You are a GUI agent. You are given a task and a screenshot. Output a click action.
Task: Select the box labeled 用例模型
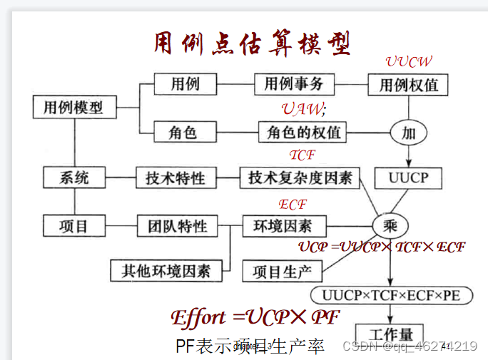(x=73, y=108)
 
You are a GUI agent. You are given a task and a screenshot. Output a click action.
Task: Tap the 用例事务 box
(x=294, y=84)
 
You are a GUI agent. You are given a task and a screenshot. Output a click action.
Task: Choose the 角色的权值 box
(x=303, y=132)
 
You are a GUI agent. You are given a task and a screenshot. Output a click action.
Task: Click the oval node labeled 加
(x=408, y=133)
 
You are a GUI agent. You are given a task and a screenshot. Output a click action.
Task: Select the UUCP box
(x=408, y=178)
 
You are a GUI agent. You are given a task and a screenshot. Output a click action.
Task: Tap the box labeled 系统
(x=74, y=178)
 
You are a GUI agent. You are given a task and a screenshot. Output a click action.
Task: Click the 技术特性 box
(x=175, y=178)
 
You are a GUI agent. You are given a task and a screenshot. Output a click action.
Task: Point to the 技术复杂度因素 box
(x=300, y=178)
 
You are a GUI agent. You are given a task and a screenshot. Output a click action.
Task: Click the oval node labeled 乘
(x=390, y=226)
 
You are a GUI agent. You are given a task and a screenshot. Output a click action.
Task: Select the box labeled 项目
(x=74, y=226)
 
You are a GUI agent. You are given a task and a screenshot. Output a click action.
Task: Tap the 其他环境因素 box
(x=166, y=270)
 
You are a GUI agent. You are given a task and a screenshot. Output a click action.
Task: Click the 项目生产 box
(x=283, y=271)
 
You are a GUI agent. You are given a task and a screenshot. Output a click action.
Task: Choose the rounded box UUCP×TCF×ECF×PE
(x=391, y=295)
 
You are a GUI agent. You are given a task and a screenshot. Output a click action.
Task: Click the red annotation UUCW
(x=409, y=62)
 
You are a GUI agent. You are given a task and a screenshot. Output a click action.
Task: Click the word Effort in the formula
(x=200, y=318)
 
